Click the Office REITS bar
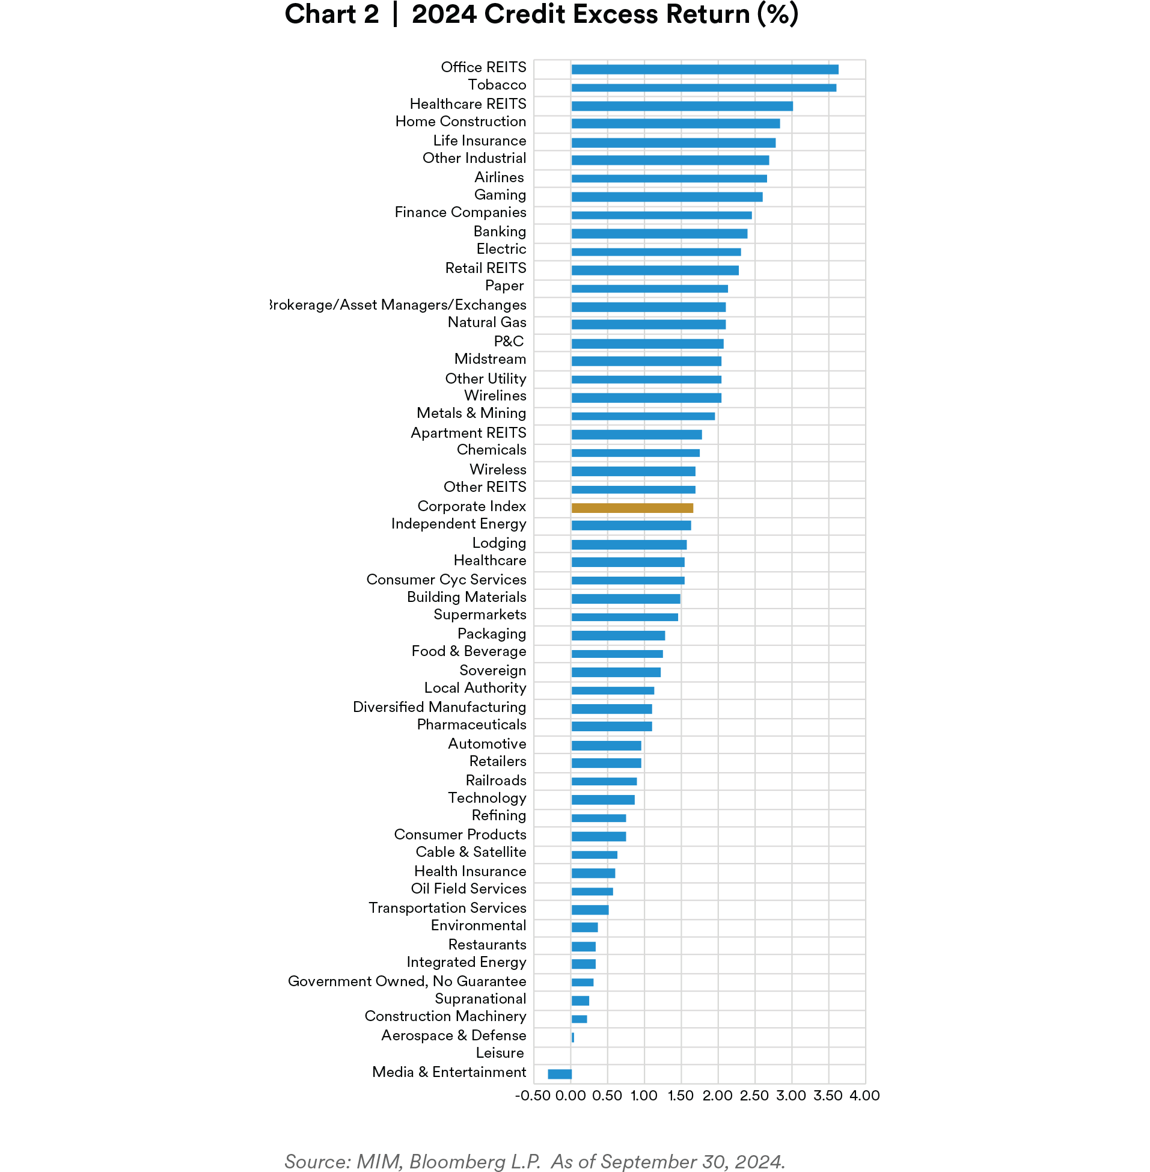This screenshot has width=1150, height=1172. (x=705, y=70)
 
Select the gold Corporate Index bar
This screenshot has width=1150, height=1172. (x=632, y=508)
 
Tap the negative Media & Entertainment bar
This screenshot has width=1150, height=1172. (x=559, y=1073)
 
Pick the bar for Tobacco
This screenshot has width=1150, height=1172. (x=703, y=88)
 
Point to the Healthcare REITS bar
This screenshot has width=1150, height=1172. (x=681, y=106)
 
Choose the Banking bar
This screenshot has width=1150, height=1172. (x=659, y=233)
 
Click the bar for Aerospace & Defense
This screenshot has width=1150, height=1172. (x=572, y=1037)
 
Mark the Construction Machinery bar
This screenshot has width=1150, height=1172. (x=579, y=1019)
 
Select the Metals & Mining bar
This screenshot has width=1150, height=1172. (x=643, y=416)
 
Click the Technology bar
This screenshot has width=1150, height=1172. (x=602, y=800)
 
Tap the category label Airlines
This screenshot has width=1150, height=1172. (x=499, y=177)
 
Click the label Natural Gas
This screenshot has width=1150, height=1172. (x=486, y=322)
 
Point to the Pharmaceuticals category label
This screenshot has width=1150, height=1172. (x=471, y=725)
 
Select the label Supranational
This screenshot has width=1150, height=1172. (x=480, y=999)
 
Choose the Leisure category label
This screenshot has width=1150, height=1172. (x=500, y=1053)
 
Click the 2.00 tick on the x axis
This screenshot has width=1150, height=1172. (x=718, y=1095)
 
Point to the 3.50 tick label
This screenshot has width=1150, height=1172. (x=828, y=1095)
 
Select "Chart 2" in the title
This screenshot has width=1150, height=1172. (x=332, y=14)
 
